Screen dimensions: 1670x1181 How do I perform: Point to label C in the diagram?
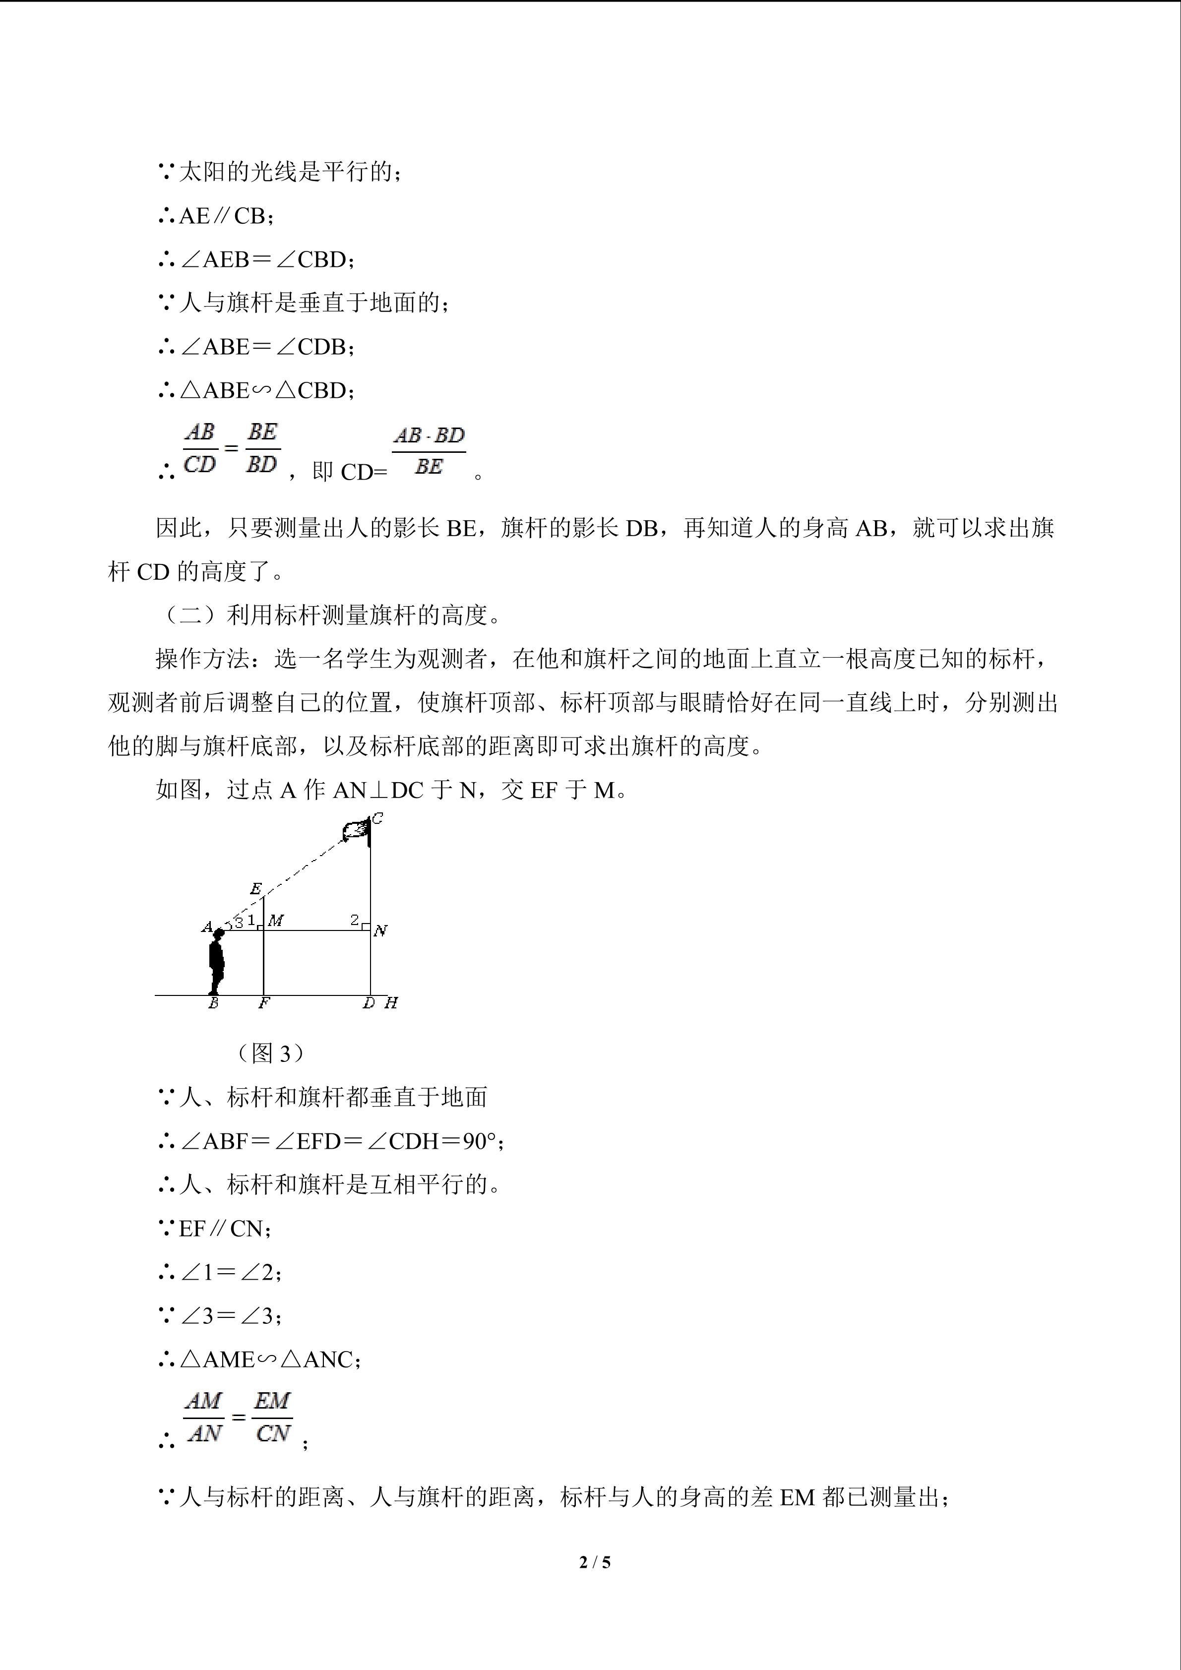tap(377, 819)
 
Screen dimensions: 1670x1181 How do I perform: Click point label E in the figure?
tap(255, 889)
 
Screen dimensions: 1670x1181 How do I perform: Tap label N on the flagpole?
tap(380, 931)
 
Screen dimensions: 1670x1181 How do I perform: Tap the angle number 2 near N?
tap(355, 920)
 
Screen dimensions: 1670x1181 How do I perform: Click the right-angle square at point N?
tap(367, 927)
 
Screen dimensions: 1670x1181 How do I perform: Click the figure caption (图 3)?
tap(270, 1052)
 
